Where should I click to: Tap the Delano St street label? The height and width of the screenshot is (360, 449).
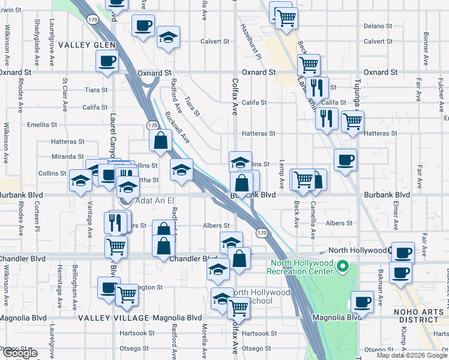378,26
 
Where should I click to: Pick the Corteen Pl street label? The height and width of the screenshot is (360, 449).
37,219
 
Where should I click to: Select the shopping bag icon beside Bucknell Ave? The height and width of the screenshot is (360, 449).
161,142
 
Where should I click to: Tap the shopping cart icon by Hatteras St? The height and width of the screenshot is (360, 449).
352,122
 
